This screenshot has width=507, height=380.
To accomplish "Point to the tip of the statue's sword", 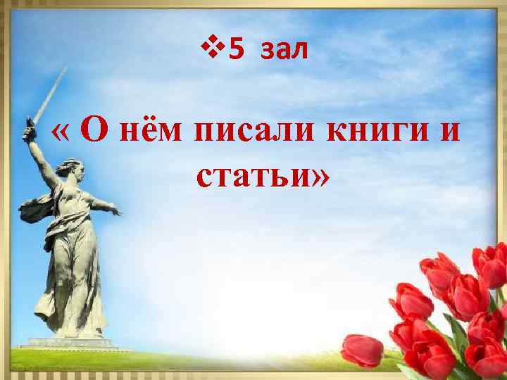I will click(x=65, y=69).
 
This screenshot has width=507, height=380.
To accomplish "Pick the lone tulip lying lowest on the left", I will click(x=362, y=350).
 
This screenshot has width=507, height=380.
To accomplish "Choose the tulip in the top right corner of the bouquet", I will click(x=492, y=263).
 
